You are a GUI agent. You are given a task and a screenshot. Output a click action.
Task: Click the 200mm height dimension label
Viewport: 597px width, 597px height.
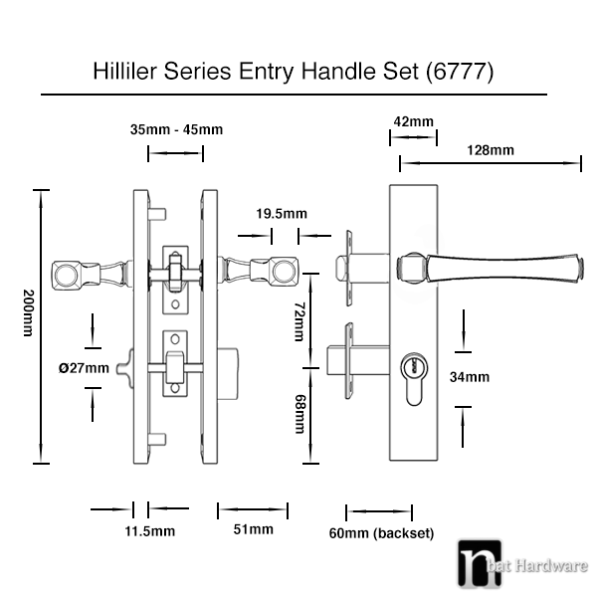click(29, 313)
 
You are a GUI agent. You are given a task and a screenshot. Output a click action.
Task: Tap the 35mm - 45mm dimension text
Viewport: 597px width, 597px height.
click(176, 129)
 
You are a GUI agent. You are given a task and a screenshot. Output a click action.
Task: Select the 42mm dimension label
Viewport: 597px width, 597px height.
click(414, 121)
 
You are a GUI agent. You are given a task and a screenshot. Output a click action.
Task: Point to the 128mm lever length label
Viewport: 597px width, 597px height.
click(491, 150)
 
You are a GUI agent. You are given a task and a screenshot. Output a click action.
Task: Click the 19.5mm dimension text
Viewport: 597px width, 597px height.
click(282, 214)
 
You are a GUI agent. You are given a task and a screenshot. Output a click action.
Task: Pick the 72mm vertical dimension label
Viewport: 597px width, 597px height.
click(300, 321)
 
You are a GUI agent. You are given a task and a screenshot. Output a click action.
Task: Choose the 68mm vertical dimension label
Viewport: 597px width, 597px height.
click(300, 414)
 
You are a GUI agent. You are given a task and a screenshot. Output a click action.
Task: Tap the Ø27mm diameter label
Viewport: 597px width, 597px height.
click(84, 368)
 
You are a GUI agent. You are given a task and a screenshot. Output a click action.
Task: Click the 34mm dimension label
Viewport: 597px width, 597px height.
click(470, 377)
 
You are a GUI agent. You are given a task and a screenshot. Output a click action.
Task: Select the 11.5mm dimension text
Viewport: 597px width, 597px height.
click(150, 531)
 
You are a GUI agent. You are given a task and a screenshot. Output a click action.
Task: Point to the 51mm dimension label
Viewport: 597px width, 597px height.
click(253, 529)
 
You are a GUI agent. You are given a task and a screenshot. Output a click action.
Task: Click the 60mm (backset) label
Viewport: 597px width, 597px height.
click(381, 533)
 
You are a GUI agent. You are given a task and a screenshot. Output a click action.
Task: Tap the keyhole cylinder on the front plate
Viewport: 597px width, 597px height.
click(414, 379)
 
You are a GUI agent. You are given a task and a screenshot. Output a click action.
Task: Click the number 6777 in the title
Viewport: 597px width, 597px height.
click(460, 72)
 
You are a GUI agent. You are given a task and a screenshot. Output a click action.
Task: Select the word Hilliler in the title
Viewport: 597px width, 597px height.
click(124, 71)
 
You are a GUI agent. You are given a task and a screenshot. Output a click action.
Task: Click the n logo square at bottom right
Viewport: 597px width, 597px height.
click(479, 564)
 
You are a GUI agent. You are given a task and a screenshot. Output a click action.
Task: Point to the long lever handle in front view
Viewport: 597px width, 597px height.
click(490, 268)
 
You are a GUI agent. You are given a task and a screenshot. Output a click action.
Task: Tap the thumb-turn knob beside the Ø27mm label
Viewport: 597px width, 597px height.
click(125, 368)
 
